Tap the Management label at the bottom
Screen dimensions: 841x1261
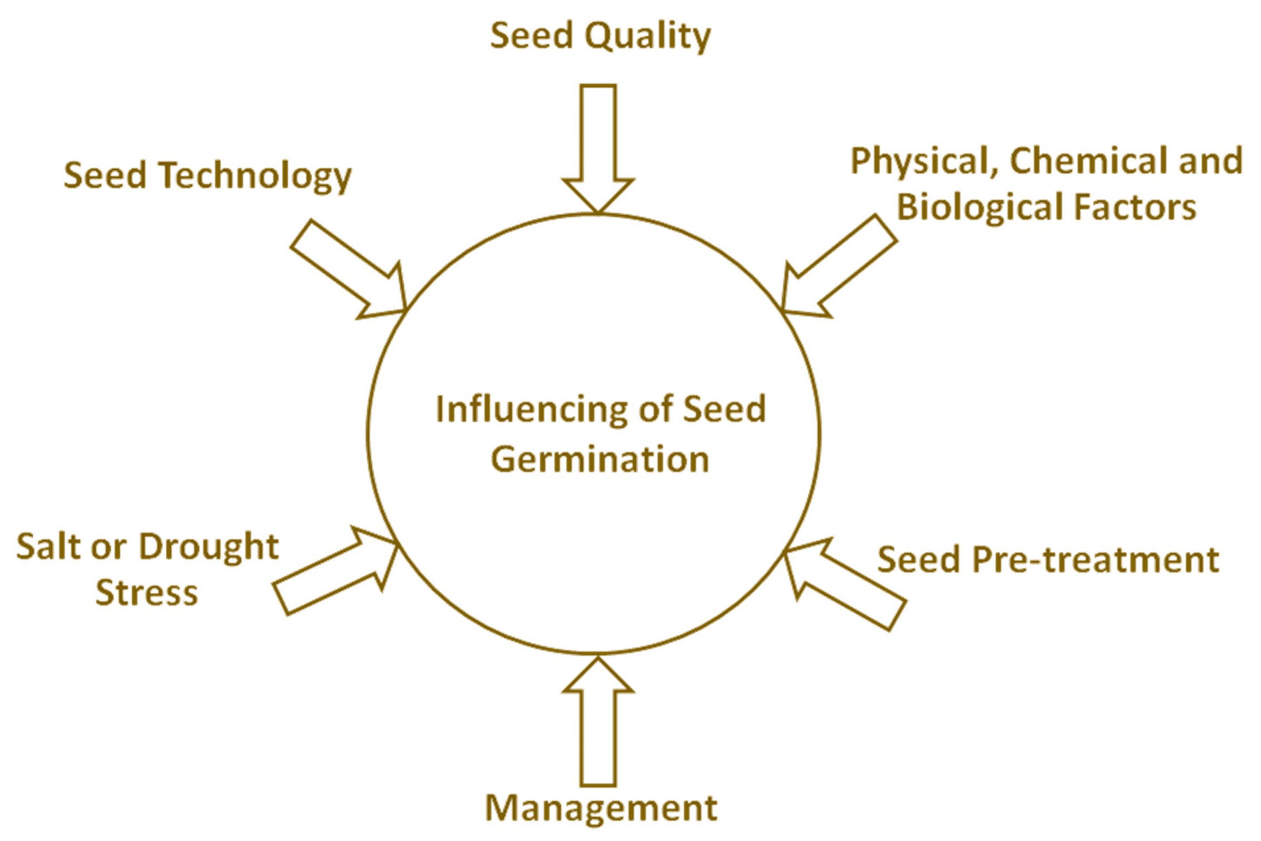[601, 808]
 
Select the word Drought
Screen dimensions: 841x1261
[209, 547]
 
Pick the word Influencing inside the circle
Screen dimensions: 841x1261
[532, 409]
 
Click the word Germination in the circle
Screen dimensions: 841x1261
[600, 460]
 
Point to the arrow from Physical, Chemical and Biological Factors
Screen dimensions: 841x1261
[837, 268]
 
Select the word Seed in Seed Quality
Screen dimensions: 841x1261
[531, 37]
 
